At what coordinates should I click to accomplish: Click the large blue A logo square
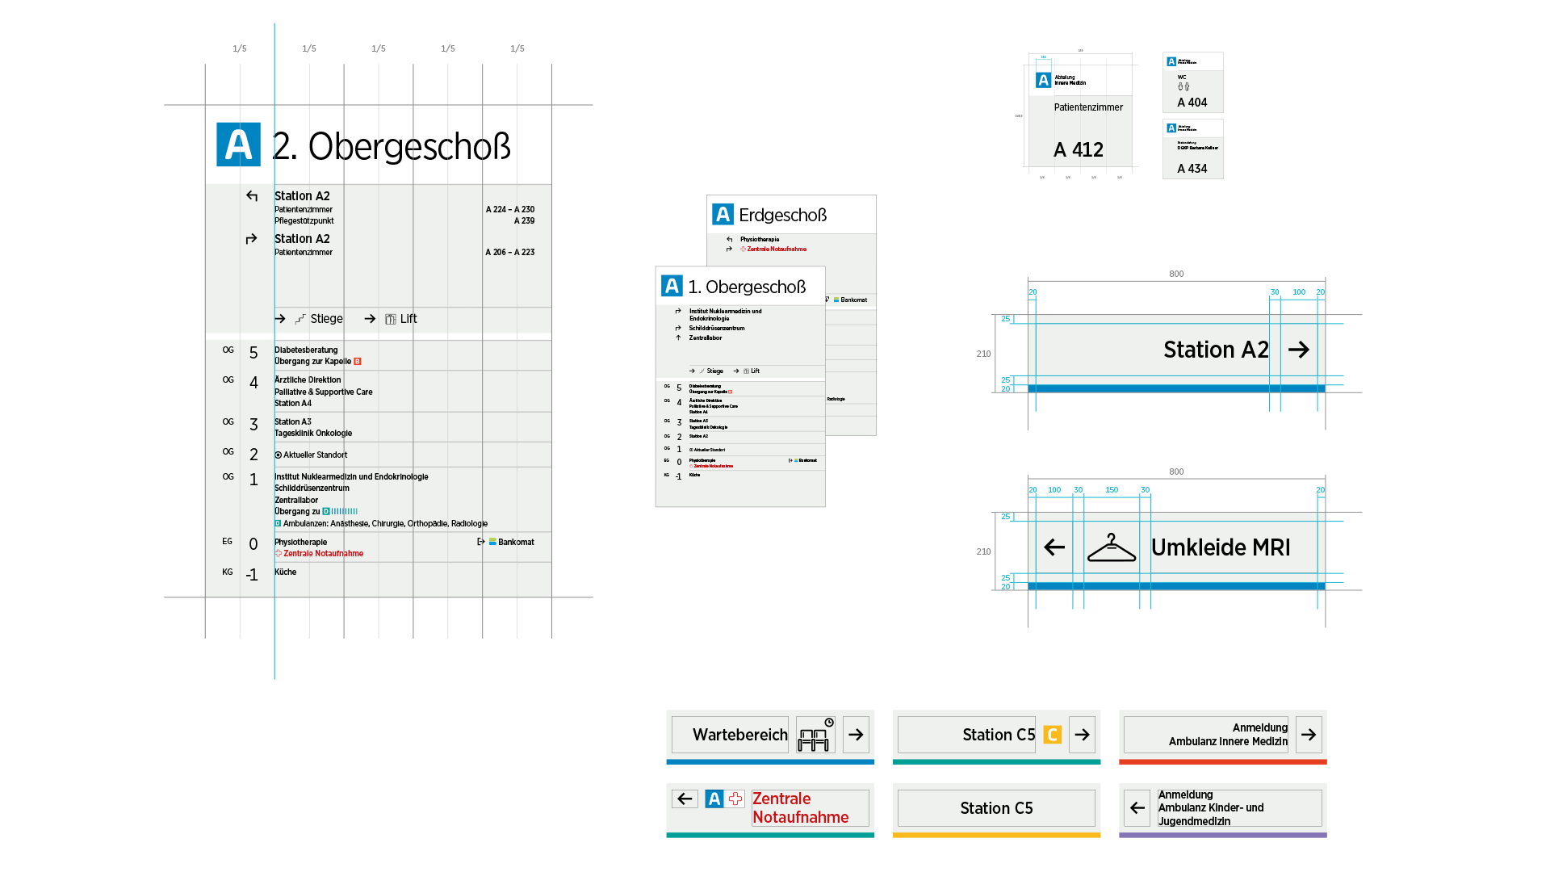pyautogui.click(x=238, y=145)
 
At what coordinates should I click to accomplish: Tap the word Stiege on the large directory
pyautogui.click(x=326, y=319)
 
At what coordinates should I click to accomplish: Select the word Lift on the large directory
pyautogui.click(x=408, y=319)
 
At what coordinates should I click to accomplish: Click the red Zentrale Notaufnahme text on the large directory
pyautogui.click(x=323, y=554)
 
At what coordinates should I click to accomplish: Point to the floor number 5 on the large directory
pyautogui.click(x=253, y=353)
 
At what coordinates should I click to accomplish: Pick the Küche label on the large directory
pyautogui.click(x=285, y=572)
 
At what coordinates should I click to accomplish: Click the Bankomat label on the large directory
pyautogui.click(x=516, y=543)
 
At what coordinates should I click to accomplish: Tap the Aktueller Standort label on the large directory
pyautogui.click(x=315, y=455)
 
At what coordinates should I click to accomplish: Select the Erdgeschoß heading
pyautogui.click(x=782, y=216)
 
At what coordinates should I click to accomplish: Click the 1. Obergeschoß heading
pyautogui.click(x=747, y=287)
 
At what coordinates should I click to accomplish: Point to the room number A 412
pyautogui.click(x=1079, y=150)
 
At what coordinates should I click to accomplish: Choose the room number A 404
pyautogui.click(x=1192, y=103)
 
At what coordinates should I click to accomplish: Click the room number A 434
pyautogui.click(x=1192, y=169)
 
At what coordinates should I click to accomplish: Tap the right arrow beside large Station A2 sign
pyautogui.click(x=1299, y=350)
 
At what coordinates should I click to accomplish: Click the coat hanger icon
pyautogui.click(x=1112, y=547)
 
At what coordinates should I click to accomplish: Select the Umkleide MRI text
pyautogui.click(x=1221, y=547)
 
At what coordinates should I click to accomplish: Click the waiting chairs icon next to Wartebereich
pyautogui.click(x=815, y=736)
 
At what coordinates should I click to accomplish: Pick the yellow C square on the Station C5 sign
pyautogui.click(x=1052, y=735)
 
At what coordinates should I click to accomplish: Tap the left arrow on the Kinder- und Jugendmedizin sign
pyautogui.click(x=1137, y=808)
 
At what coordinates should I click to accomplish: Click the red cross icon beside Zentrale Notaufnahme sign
pyautogui.click(x=735, y=799)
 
